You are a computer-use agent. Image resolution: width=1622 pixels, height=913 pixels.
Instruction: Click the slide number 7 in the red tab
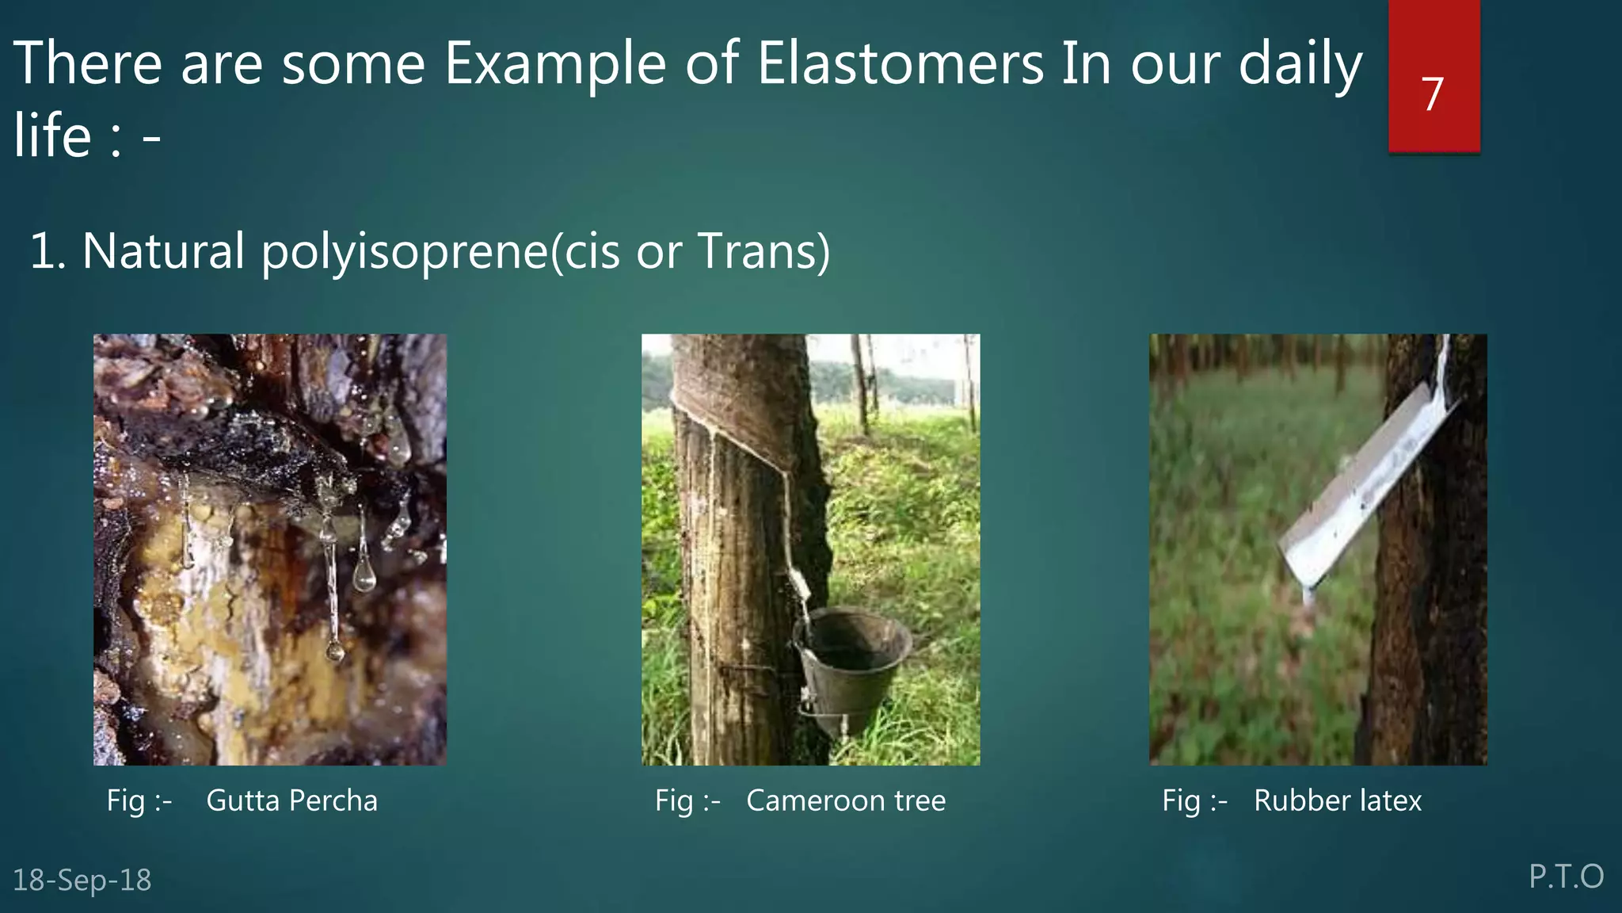[1432, 94]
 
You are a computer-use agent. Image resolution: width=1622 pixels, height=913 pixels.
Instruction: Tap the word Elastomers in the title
[900, 63]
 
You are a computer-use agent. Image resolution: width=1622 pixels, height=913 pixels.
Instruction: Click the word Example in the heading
[554, 63]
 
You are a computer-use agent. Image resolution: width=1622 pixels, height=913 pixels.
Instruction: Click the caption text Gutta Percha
[291, 800]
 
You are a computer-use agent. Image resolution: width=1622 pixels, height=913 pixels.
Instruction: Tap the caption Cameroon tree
[845, 800]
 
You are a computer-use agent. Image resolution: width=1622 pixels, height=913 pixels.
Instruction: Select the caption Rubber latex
[1337, 800]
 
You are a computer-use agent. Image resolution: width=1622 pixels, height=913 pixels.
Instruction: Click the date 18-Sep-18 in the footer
[82, 880]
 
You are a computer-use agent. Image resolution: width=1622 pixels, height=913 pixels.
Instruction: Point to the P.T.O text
[1565, 877]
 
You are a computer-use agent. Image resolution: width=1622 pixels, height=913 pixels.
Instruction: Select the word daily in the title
[1299, 63]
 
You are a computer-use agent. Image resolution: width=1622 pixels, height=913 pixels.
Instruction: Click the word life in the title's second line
[52, 135]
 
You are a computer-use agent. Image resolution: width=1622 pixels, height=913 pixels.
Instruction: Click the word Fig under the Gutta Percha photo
[125, 800]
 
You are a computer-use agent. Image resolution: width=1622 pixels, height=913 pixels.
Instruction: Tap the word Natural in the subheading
[163, 251]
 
